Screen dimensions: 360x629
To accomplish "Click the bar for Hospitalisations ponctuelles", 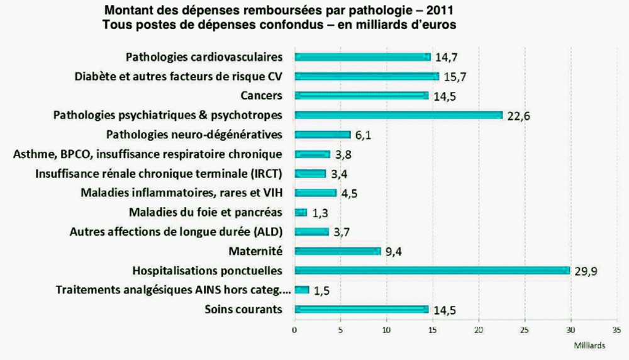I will point(432,271).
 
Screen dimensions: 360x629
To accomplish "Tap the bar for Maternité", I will point(337,251).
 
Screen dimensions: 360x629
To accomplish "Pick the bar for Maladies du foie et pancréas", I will point(301,212).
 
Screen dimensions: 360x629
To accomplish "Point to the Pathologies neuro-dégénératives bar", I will point(322,134).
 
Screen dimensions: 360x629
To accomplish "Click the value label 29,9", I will point(585,272).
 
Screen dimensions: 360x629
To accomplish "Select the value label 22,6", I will point(518,115).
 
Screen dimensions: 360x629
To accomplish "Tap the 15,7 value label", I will point(455,77).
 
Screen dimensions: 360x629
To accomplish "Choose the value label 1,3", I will point(320,213).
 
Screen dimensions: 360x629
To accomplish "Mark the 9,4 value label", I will point(394,252).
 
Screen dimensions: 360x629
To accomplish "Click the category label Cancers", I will point(261,96).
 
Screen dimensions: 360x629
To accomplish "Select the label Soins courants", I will point(243,309).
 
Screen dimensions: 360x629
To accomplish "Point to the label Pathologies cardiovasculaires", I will point(204,57).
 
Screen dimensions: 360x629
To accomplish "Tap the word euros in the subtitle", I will point(438,25).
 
